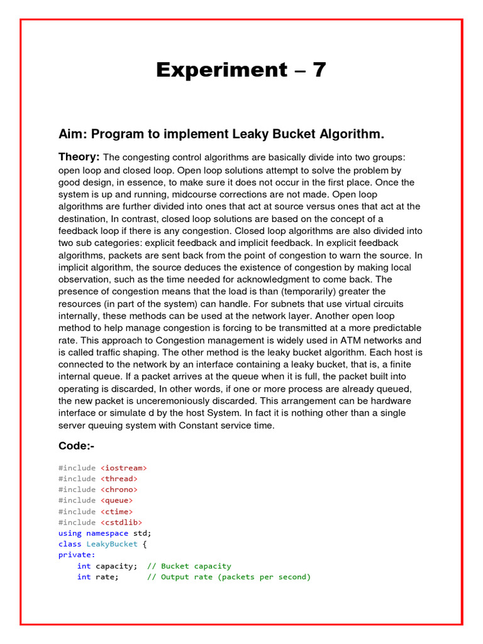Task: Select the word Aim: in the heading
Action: pos(73,134)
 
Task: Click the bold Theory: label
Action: pos(79,157)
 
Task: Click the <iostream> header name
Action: pos(124,468)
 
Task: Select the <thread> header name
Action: pos(119,479)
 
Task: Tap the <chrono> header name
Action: pos(119,489)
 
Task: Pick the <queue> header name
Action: pos(116,501)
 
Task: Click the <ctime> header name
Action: pos(116,511)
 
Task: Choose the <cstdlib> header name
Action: pos(121,522)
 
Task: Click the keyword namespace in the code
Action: pos(107,533)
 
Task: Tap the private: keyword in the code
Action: pos(77,555)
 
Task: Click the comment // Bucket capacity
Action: pos(189,566)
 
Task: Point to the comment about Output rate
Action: pos(229,577)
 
